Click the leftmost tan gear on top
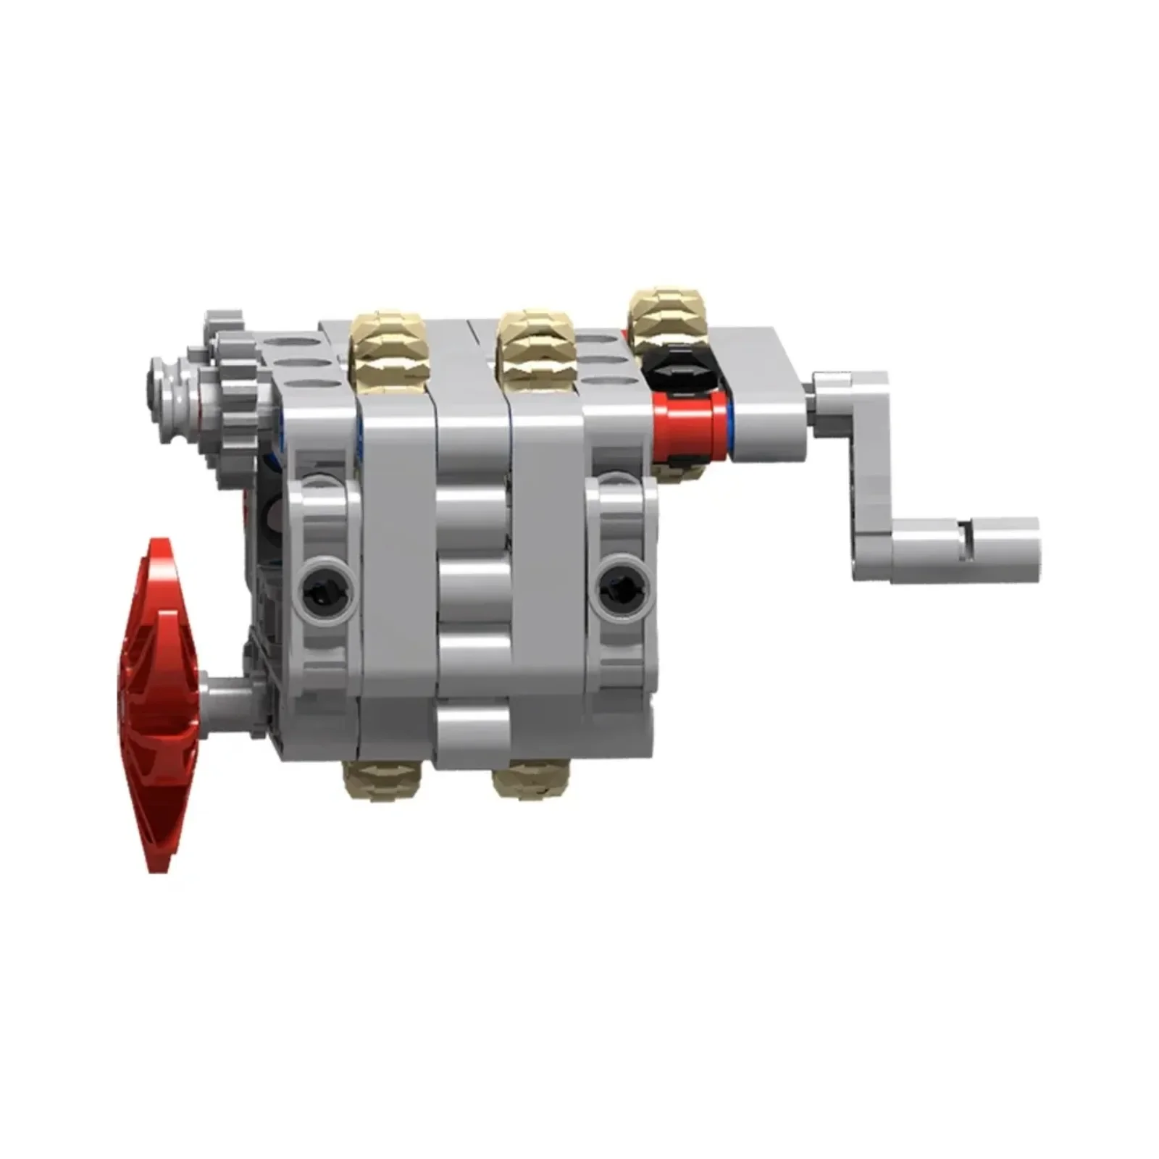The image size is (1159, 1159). pos(387,348)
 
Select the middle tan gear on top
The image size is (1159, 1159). pos(535,346)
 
